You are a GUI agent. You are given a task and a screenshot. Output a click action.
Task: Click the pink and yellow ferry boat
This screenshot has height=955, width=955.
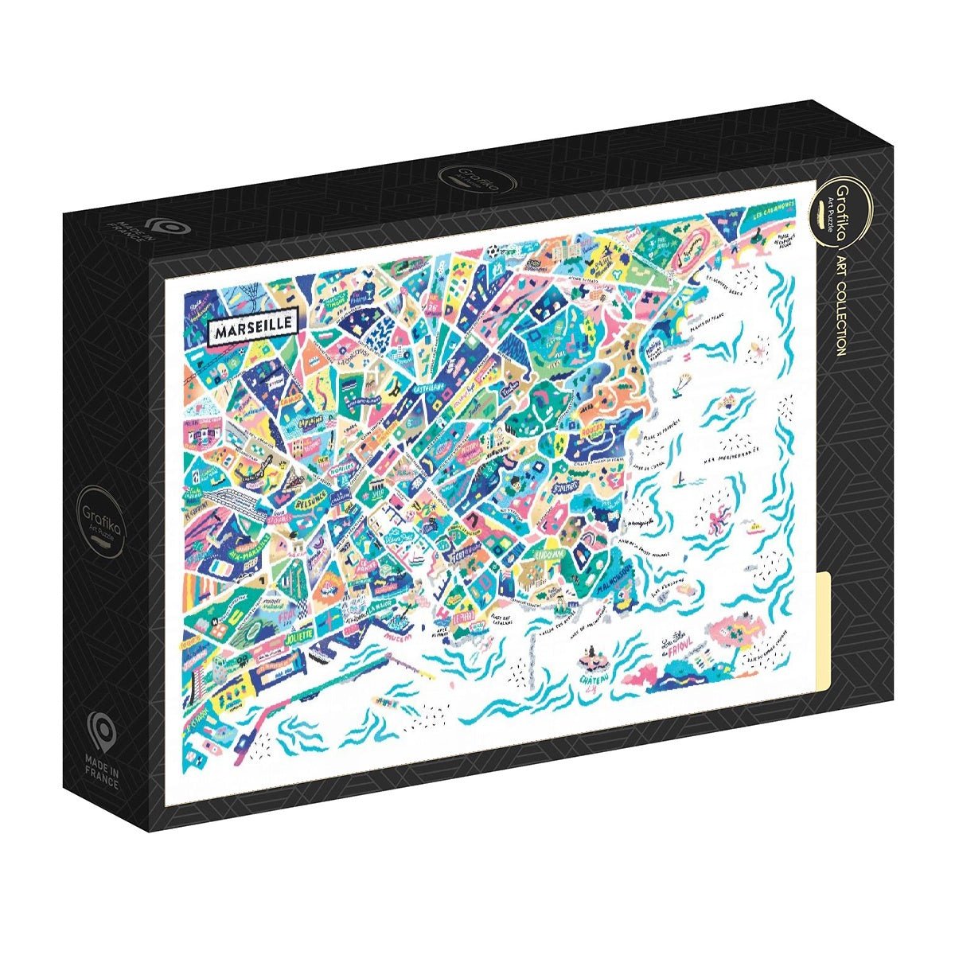pos(755,526)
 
